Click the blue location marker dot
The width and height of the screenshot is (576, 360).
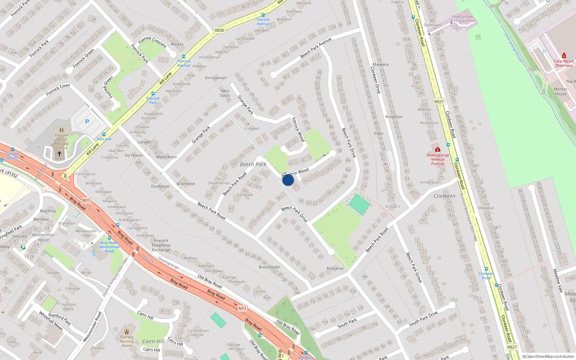(288, 180)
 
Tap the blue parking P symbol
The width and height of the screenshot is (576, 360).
(87, 122)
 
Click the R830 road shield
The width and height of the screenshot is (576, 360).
(219, 30)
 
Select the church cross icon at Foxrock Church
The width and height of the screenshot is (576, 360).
(59, 154)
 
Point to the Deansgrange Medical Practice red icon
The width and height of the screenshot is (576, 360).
(438, 149)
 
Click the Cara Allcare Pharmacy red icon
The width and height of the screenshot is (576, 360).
(564, 56)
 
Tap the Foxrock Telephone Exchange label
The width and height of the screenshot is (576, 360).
(161, 245)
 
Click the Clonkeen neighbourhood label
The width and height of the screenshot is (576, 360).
(444, 196)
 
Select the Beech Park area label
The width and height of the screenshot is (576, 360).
(253, 164)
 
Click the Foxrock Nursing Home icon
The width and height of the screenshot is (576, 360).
(127, 332)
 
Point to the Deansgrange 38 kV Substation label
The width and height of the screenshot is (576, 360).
(463, 19)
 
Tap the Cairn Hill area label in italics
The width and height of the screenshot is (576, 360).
(153, 341)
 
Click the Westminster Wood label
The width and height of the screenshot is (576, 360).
(43, 237)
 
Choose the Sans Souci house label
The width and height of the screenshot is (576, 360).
(225, 93)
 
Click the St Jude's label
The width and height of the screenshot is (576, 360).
(392, 206)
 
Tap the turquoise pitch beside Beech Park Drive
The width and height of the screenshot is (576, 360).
(359, 205)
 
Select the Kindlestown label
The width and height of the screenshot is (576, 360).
(431, 182)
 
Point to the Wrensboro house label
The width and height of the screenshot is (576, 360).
(166, 157)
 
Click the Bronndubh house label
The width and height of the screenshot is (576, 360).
(269, 267)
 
